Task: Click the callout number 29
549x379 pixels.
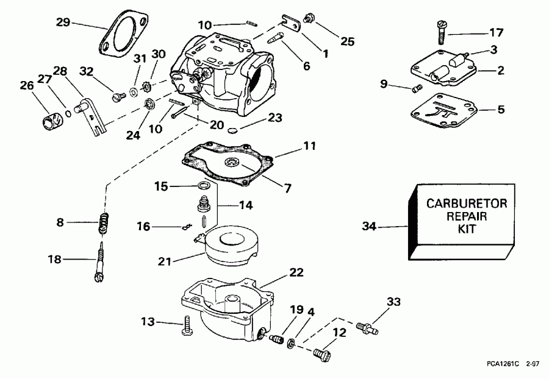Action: coord(63,23)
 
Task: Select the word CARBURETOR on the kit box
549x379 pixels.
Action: coord(466,204)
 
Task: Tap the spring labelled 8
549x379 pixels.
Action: coord(106,224)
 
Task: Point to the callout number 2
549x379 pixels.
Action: coord(500,71)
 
